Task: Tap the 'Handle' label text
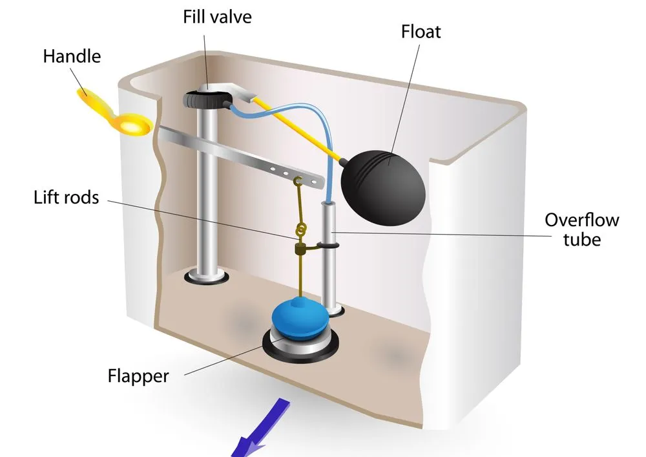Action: click(72, 56)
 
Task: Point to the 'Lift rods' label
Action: click(67, 197)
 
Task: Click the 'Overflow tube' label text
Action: click(581, 229)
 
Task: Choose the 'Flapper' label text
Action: click(138, 376)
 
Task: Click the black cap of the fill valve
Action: click(206, 99)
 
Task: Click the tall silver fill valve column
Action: click(206, 194)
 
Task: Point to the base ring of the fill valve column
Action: click(206, 277)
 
